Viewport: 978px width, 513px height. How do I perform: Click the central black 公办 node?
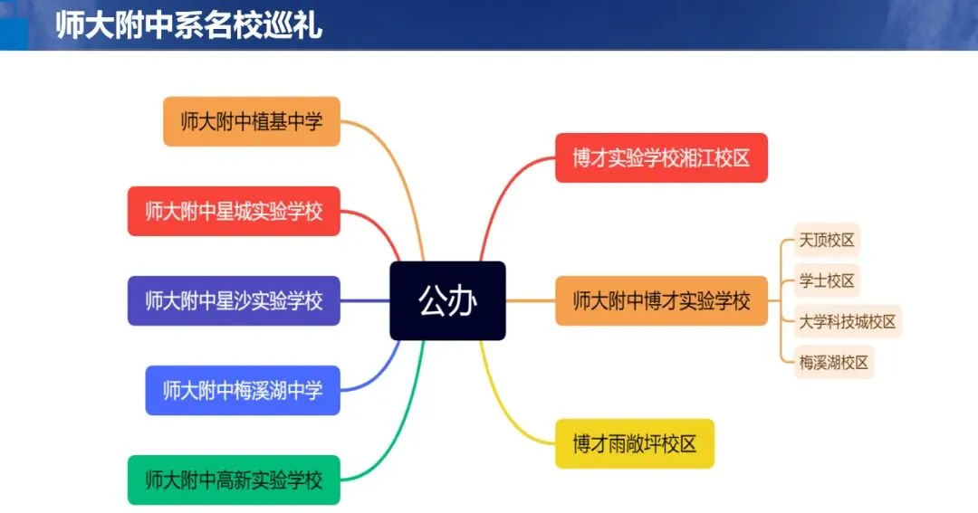coord(447,300)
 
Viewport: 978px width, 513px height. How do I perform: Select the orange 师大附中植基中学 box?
coord(252,121)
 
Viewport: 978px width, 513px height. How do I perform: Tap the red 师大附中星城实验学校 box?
coord(234,211)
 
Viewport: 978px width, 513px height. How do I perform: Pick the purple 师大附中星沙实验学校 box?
coord(234,300)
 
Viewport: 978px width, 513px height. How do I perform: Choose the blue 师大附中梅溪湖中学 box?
coord(243,390)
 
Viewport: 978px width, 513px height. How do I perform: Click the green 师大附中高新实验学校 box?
coord(234,480)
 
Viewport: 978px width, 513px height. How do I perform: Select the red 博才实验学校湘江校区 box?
coord(661,158)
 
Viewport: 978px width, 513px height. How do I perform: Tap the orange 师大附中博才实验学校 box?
coord(661,300)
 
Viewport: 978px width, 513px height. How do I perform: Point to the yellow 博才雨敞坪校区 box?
coord(635,443)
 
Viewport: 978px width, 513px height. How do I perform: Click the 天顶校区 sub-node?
coord(827,241)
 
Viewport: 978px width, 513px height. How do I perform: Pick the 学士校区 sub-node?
coord(827,280)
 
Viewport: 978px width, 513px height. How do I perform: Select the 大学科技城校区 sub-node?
coord(848,321)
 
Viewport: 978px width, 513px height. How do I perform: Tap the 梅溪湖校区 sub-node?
coord(834,362)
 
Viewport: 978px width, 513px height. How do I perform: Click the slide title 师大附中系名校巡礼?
coord(188,25)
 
